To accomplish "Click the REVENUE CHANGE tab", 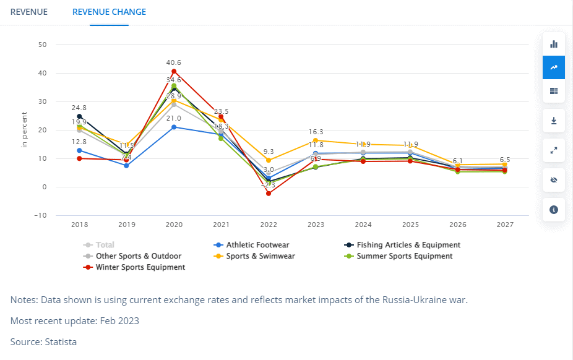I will coord(109,12).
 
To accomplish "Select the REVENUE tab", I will coord(29,12).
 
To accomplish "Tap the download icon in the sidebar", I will coord(554,120).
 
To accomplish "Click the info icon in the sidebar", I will coord(554,209).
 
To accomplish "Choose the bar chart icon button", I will coord(554,44).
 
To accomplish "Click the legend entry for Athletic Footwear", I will coord(257,245).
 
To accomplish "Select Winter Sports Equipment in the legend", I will coord(140,267).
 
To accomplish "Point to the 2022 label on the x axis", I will coord(268,225).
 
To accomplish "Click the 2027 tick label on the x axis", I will coord(505,225).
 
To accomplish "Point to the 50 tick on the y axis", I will coord(43,45).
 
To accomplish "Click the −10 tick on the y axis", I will coord(41,215).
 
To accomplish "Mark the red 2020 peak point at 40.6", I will coord(174,72).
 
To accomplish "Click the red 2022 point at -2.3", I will coord(268,194).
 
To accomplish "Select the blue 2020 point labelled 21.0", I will coord(174,127).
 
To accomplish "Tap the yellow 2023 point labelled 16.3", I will coord(316,140).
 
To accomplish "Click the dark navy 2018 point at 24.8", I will coord(79,116).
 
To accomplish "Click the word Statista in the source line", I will coord(61,341).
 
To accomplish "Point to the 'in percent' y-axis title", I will coord(25,129).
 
